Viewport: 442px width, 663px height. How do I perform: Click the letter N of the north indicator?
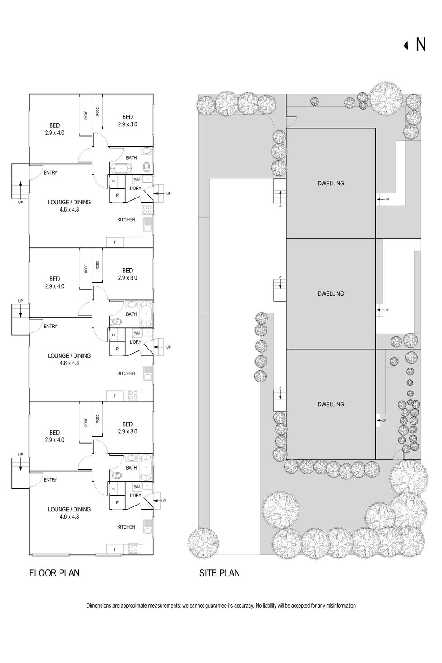pos(420,45)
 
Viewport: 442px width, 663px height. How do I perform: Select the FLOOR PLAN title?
pos(54,573)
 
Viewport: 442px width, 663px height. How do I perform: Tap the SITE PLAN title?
pos(220,573)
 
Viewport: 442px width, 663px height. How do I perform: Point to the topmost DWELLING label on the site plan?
pos(331,184)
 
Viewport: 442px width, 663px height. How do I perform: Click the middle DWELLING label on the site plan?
pos(331,294)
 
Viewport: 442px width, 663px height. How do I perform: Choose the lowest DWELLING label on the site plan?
pos(331,405)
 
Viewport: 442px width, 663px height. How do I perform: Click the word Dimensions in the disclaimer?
pos(99,606)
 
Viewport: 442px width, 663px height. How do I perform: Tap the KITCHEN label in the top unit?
pos(126,220)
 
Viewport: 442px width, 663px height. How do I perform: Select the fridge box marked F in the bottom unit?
pos(115,549)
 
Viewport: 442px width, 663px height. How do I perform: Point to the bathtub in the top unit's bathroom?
pos(121,169)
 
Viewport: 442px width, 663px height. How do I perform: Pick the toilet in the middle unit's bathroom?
pos(116,322)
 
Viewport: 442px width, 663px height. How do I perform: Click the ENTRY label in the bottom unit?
pos(51,480)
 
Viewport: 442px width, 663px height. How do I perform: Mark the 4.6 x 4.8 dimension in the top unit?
pos(69,209)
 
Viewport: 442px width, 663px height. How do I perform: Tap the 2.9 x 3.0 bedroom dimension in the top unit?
pos(128,124)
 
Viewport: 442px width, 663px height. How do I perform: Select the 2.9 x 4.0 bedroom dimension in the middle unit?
pos(55,286)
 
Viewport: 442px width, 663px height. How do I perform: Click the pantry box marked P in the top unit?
pos(117,195)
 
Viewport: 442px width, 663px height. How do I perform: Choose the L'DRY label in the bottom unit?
pos(136,496)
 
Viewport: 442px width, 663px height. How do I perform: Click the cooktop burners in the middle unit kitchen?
pos(133,396)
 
